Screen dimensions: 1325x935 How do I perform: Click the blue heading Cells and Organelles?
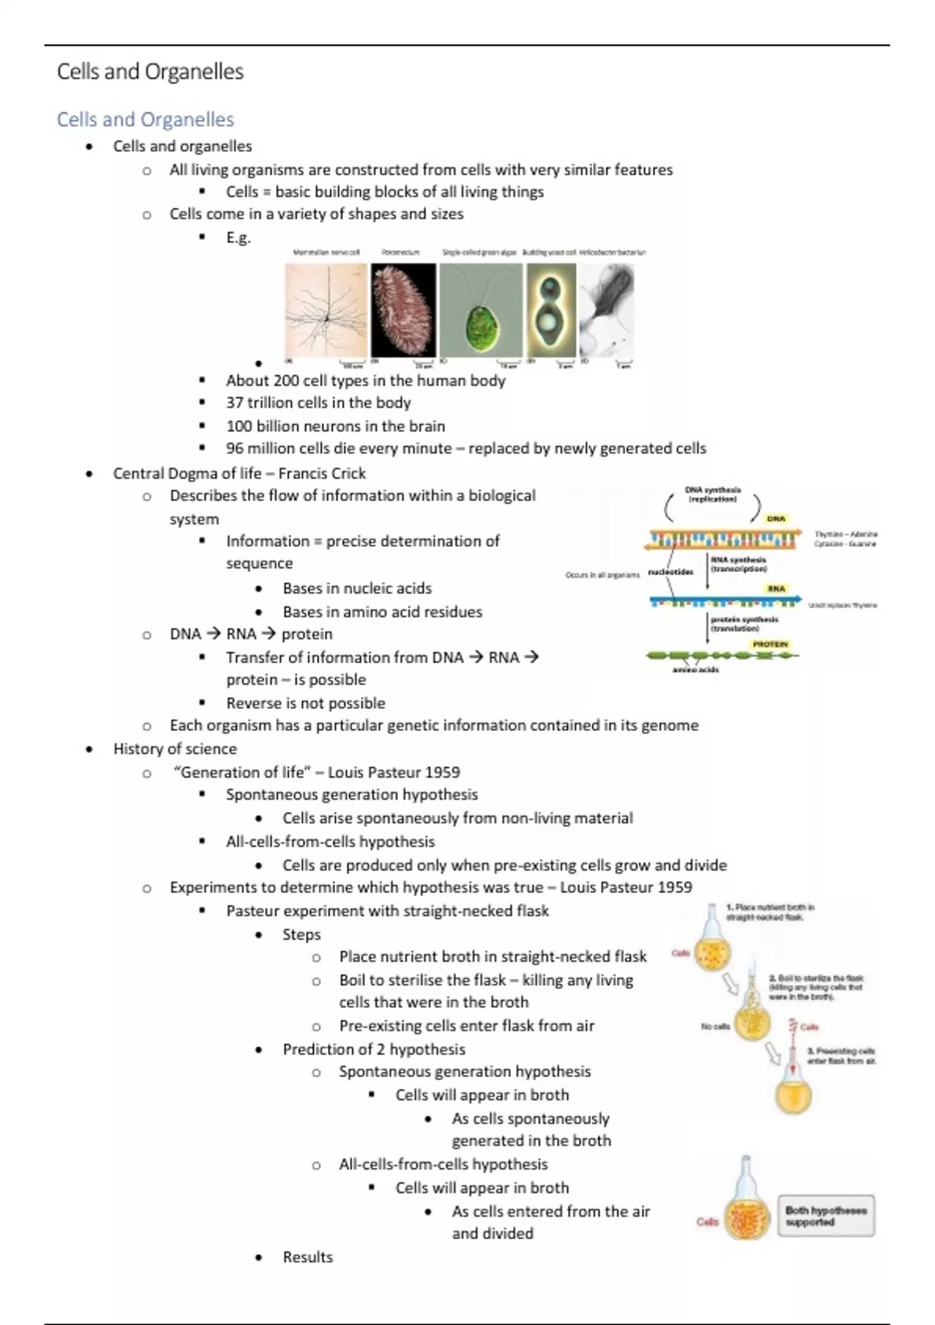pos(145,119)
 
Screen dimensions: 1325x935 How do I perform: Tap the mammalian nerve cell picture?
pos(326,309)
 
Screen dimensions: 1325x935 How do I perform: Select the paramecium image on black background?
pos(403,309)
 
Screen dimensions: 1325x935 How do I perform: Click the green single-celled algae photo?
pos(481,309)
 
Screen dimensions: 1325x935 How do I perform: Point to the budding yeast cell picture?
pos(551,309)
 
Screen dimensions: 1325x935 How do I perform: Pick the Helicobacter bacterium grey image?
pos(607,309)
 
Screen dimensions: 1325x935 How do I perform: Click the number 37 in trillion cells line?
pos(235,403)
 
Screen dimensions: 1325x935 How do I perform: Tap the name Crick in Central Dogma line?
pos(344,473)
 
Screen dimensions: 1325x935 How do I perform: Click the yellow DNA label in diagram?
pos(776,518)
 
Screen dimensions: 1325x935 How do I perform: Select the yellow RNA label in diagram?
pos(776,588)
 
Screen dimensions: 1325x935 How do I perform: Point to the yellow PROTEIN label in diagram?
pos(771,645)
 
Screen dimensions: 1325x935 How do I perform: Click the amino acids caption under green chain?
pos(695,670)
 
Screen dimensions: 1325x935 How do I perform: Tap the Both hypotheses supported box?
pos(826,1216)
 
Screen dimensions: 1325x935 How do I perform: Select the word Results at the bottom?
pos(307,1257)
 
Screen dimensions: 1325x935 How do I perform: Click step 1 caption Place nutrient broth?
pos(770,912)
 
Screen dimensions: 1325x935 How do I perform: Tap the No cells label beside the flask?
pos(714,1026)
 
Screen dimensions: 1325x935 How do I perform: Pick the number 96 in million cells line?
pos(235,448)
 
